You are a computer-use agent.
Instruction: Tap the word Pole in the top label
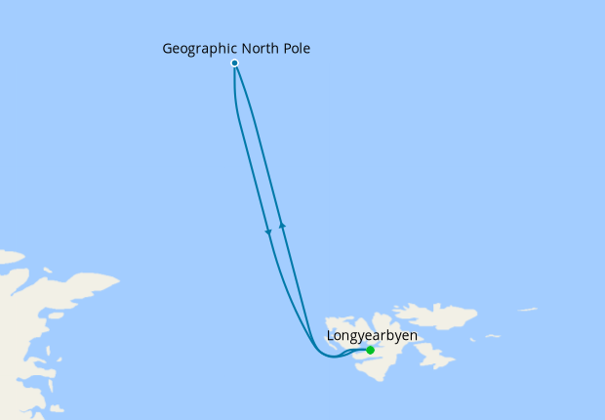tap(296, 47)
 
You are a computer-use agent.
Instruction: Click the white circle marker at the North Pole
tap(235, 63)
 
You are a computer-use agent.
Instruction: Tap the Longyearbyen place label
tap(372, 336)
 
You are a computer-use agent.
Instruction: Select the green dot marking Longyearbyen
tap(370, 350)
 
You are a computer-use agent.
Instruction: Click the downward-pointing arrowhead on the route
tap(268, 231)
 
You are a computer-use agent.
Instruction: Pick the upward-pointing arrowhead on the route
tap(282, 225)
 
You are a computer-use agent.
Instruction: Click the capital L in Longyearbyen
tap(330, 336)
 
